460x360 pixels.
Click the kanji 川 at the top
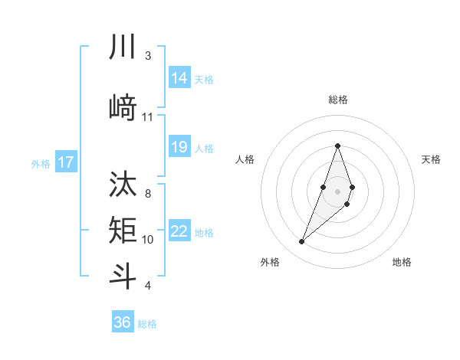[x=123, y=47]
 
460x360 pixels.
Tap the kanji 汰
[x=123, y=185]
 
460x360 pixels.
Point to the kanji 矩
[x=123, y=229]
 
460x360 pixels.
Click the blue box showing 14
[x=179, y=78]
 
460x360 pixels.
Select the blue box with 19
[x=179, y=148]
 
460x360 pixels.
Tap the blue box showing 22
[x=179, y=231]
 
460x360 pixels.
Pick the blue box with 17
[x=66, y=162]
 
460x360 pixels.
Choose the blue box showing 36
[x=123, y=322]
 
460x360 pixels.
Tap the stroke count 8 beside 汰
[x=147, y=194]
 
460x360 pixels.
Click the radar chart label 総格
[x=337, y=100]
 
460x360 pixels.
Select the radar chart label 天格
[x=431, y=159]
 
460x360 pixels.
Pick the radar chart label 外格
[x=270, y=263]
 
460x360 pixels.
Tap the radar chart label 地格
[x=402, y=263]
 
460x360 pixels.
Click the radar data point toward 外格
[x=302, y=242]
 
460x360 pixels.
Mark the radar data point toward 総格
[x=337, y=146]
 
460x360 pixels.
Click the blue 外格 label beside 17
[x=41, y=163]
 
